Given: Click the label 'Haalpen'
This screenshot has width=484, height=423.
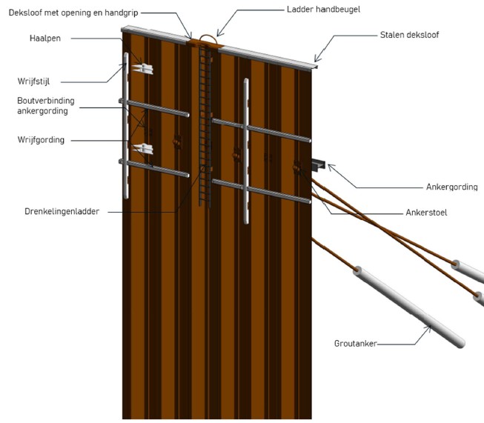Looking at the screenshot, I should [44, 37].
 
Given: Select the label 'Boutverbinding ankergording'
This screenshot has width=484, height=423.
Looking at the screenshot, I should [45, 105].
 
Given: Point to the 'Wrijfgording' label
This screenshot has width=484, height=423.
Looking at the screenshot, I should [41, 139].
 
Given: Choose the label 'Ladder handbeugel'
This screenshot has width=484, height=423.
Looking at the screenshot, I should [317, 10].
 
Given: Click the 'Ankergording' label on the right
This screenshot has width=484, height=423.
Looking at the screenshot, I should [451, 187].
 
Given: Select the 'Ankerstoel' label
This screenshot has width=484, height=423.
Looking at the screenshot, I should [447, 213].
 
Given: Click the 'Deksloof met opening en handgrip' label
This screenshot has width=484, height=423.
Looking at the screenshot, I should [70, 13].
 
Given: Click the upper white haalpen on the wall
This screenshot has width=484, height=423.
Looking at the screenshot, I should [142, 68].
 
